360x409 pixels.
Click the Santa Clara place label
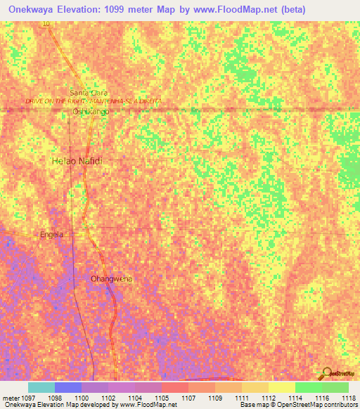(88, 93)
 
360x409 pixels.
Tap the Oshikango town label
(91, 111)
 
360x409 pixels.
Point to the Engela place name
(52, 234)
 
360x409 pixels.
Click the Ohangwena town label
(111, 279)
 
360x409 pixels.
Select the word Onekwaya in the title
(34, 8)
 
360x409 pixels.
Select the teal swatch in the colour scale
(41, 387)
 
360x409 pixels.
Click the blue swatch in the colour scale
(67, 387)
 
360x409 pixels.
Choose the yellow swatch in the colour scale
(281, 387)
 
